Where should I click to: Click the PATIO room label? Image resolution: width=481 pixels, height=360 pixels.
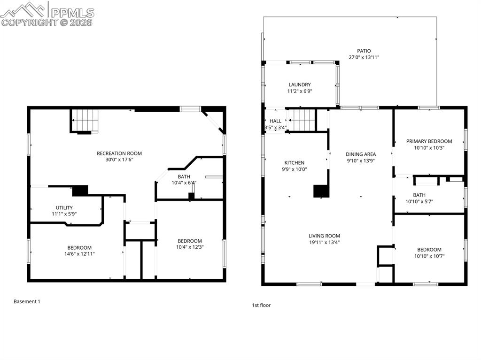click(364, 51)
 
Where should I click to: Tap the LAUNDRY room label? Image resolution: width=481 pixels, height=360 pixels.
click(300, 85)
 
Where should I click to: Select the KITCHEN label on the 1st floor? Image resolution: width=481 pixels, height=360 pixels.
click(294, 163)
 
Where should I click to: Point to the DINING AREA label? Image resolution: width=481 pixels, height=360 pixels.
click(361, 154)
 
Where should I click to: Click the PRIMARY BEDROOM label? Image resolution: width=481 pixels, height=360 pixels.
click(429, 141)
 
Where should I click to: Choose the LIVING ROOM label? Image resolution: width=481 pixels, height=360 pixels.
click(324, 236)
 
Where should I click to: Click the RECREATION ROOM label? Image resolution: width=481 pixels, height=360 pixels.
click(119, 153)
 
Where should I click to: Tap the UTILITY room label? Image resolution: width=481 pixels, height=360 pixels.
click(64, 207)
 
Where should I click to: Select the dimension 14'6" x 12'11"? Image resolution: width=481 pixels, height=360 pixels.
click(79, 253)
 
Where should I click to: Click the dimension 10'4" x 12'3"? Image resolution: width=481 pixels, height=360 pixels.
click(190, 247)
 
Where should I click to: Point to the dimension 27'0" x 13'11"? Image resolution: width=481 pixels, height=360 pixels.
click(364, 57)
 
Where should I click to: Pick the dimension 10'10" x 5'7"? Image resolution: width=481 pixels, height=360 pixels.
click(419, 201)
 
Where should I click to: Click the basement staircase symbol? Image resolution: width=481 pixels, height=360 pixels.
click(85, 120)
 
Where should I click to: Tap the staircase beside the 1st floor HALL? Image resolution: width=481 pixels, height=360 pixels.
click(301, 121)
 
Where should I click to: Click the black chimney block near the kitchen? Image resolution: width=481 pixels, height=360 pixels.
click(321, 191)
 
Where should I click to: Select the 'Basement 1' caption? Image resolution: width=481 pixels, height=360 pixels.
click(27, 301)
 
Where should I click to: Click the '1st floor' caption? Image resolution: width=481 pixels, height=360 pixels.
click(261, 305)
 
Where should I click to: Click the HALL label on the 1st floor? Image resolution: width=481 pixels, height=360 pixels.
click(275, 121)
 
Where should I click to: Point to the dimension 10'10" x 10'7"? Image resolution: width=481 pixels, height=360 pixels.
click(429, 256)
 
